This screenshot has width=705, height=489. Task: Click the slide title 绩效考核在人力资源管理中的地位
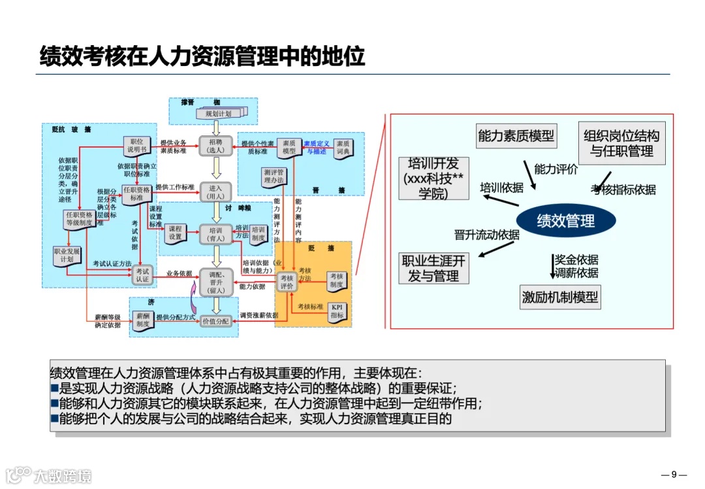(202, 56)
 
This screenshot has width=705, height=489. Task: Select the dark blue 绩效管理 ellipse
(565, 221)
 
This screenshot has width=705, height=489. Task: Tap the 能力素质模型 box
(516, 135)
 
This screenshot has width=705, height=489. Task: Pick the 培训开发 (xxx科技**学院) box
(433, 178)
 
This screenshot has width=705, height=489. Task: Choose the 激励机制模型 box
(559, 297)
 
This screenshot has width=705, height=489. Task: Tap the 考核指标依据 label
(623, 190)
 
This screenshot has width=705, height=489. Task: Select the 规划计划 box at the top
(218, 114)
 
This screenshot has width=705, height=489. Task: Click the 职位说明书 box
(137, 146)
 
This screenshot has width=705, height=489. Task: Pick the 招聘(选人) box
(215, 146)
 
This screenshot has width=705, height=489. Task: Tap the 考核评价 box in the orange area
(287, 282)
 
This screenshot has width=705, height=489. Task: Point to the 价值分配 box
(215, 321)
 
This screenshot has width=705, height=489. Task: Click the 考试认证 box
(142, 275)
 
